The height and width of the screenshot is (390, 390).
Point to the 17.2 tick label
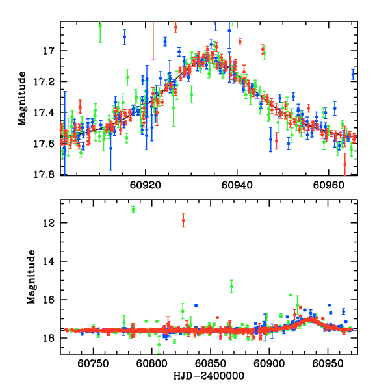coord(46,82)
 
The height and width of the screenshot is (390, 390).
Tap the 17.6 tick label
coord(46,144)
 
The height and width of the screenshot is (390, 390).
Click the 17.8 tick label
coord(46,175)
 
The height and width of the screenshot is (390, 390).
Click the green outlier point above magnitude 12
coord(133,209)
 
